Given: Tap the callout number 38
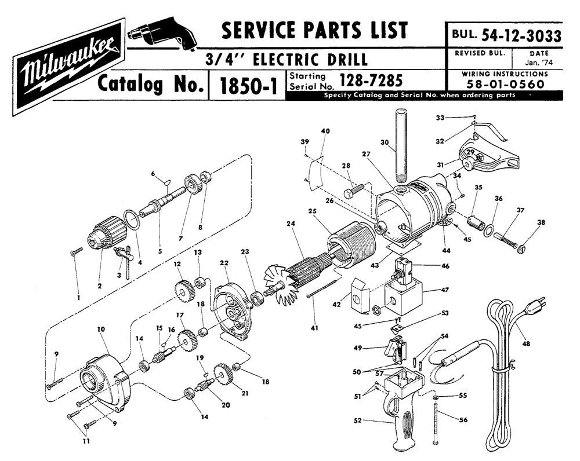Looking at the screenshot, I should pos(541,222).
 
